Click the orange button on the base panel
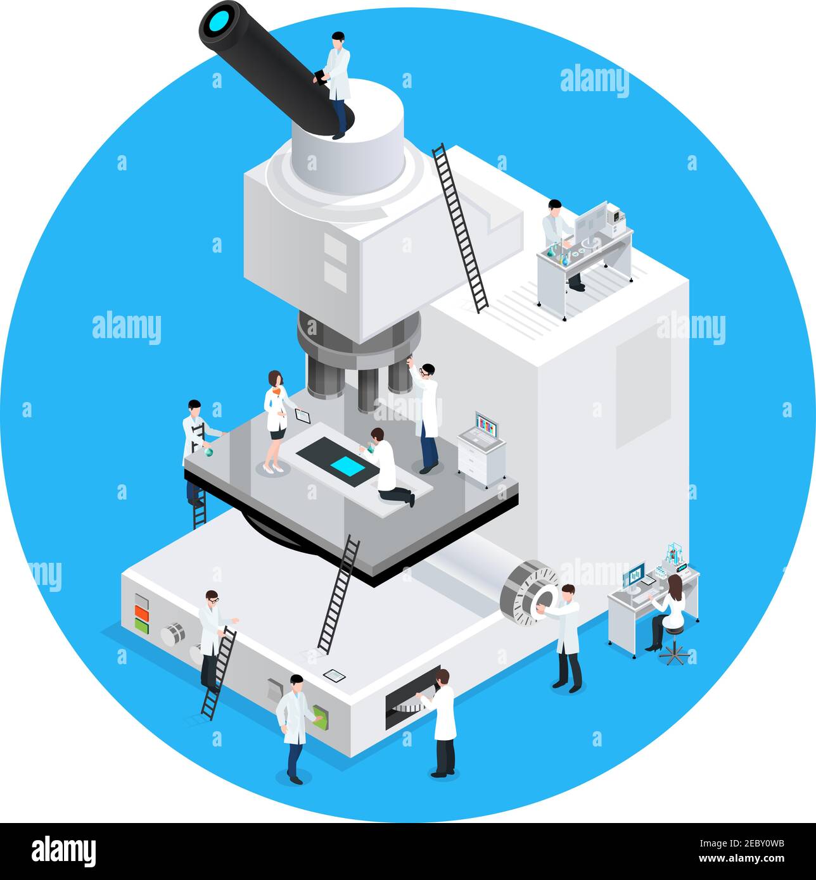(x=141, y=613)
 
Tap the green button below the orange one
(x=141, y=625)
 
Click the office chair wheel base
(x=673, y=655)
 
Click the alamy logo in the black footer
(x=63, y=852)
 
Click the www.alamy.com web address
(x=745, y=860)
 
